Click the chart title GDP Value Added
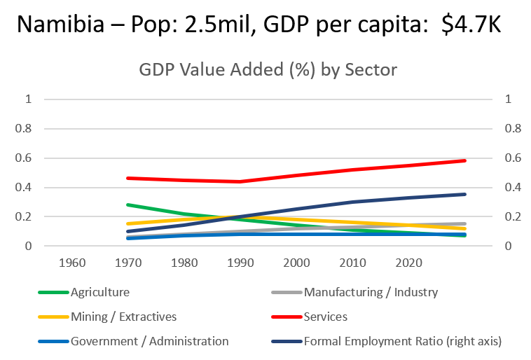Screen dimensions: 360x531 pos(267,71)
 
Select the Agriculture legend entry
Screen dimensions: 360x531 pos(99,292)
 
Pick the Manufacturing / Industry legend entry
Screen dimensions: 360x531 pos(370,292)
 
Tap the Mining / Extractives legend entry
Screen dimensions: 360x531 pos(123,317)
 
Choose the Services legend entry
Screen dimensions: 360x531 pos(325,317)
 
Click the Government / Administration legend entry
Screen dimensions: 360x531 pos(149,341)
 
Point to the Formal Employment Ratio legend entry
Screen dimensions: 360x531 pos(402,341)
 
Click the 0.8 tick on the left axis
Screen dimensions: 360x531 pos(25,129)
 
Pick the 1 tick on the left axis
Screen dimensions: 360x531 pos(29,99)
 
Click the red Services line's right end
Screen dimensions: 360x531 pos(464,160)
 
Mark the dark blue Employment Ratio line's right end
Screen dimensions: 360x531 pos(464,194)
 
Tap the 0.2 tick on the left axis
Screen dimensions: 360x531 pos(25,217)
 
